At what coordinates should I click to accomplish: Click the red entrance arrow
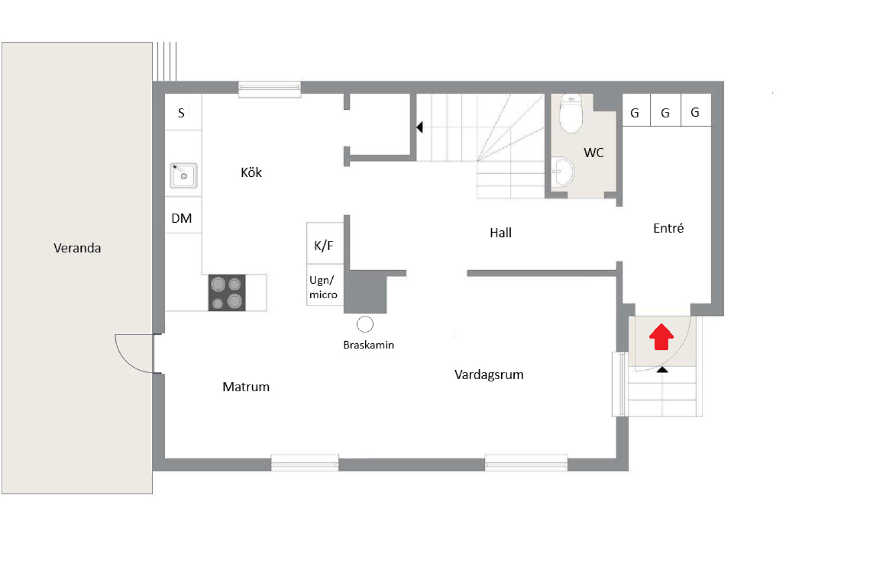tap(661, 337)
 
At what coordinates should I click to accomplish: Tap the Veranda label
tap(77, 248)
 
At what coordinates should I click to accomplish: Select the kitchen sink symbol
tap(184, 175)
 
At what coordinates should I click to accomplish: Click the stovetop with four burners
tap(227, 293)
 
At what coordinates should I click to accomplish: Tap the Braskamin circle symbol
tap(365, 324)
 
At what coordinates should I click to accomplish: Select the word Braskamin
tap(369, 345)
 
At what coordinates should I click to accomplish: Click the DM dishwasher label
tap(182, 218)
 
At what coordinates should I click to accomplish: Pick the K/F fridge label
tap(323, 246)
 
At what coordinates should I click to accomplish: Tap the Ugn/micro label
tap(323, 287)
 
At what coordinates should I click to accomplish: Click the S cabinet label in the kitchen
tap(182, 113)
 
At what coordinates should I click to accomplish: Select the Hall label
tap(501, 233)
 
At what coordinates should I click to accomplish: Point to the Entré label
tap(668, 228)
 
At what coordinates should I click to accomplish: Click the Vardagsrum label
tap(489, 374)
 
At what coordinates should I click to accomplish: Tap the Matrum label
tap(246, 387)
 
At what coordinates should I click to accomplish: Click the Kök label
tap(251, 172)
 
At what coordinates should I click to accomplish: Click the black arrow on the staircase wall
tap(420, 127)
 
